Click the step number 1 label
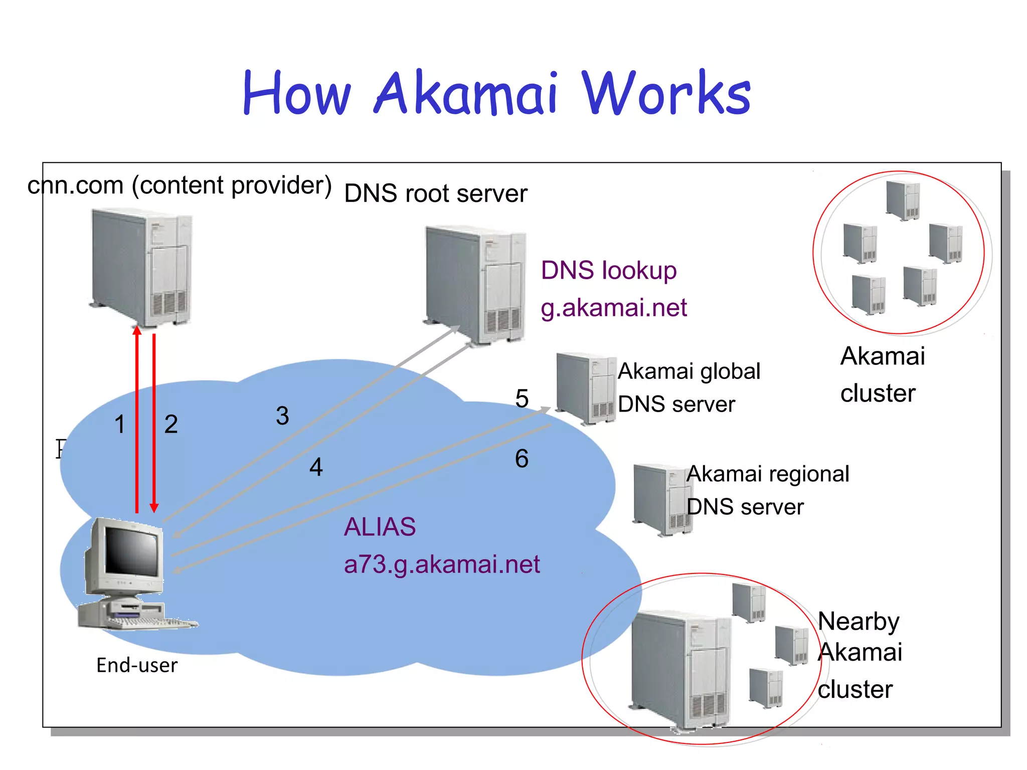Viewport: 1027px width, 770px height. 119,425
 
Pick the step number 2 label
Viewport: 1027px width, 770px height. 171,425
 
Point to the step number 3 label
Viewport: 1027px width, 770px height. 282,416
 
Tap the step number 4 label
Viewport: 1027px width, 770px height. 316,467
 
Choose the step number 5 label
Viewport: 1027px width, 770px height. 522,399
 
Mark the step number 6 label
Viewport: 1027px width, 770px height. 522,459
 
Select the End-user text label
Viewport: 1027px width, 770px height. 137,666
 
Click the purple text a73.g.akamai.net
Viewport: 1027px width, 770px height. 441,564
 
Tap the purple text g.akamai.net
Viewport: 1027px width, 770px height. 613,308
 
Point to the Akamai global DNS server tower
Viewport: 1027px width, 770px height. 586,388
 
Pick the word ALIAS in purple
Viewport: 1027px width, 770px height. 380,527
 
